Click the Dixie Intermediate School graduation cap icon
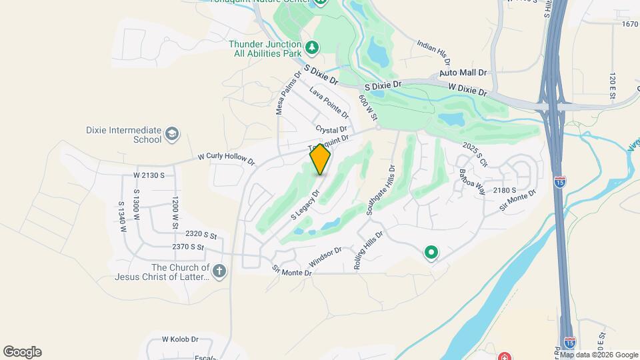(x=173, y=134)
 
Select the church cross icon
(x=219, y=271)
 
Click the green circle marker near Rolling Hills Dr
(x=431, y=253)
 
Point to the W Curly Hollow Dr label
(x=227, y=159)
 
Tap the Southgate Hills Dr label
(x=380, y=190)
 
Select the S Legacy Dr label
(x=306, y=205)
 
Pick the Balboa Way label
(x=471, y=181)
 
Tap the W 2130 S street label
(x=149, y=175)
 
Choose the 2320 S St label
(x=202, y=235)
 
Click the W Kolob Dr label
(x=180, y=339)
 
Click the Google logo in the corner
(x=22, y=352)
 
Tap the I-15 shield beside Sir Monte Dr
(x=560, y=181)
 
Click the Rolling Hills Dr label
(x=369, y=250)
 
